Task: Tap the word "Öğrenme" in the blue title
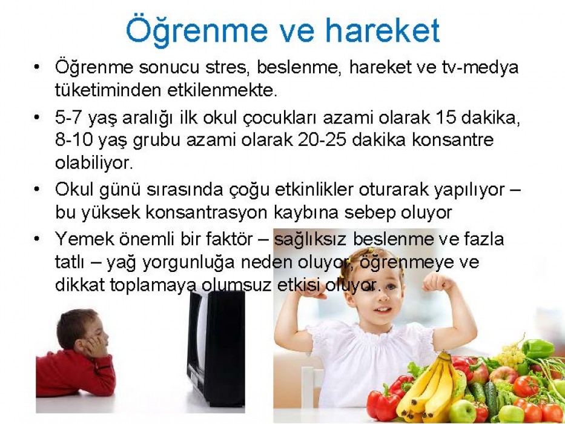pos(197,31)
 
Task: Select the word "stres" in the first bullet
pos(228,67)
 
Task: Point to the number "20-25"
pos(322,140)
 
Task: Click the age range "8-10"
pos(74,140)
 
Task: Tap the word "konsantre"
pos(452,140)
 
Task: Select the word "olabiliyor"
pos(94,162)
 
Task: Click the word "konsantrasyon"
pos(207,213)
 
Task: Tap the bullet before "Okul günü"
pos(36,189)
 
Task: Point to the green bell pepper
pos(538,348)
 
